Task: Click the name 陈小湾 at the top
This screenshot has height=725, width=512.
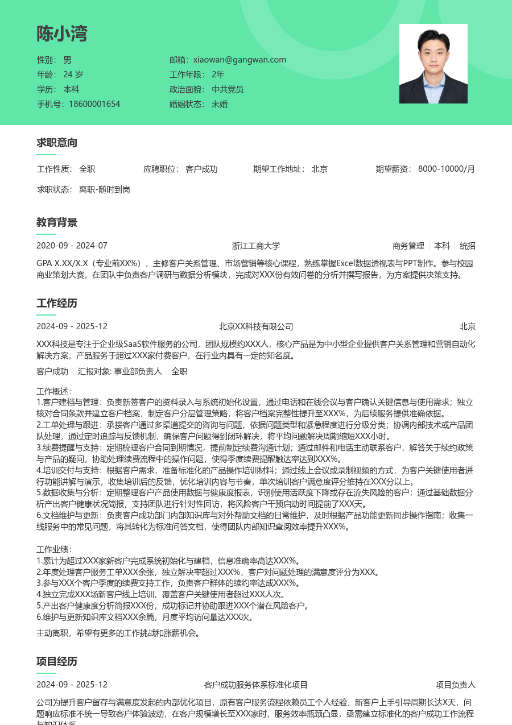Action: (62, 34)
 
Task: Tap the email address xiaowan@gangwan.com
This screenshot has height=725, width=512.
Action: (240, 60)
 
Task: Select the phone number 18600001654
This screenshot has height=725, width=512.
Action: (94, 104)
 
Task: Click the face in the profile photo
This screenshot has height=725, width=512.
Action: (433, 45)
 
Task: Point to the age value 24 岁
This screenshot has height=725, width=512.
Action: (73, 74)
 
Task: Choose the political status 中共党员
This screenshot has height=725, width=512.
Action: (228, 89)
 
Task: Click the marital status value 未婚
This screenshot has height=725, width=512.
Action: (220, 104)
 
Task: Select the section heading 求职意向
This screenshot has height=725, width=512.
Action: (57, 143)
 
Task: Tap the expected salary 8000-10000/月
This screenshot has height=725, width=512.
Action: (447, 169)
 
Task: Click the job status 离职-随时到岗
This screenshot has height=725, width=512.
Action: (105, 189)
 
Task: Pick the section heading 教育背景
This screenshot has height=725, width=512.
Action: (57, 222)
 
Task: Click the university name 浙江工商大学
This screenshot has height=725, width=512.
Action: (256, 246)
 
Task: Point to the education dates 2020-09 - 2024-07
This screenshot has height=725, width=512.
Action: (72, 246)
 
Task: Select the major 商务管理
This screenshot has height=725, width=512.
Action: (408, 246)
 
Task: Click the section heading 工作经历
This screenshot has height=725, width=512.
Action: (57, 303)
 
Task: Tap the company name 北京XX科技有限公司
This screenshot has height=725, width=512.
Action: (256, 326)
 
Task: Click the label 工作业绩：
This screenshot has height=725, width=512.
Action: (54, 549)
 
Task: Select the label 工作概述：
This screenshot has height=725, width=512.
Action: (54, 391)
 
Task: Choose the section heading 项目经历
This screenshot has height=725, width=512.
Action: (57, 661)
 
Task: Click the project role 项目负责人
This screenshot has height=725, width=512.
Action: (456, 685)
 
